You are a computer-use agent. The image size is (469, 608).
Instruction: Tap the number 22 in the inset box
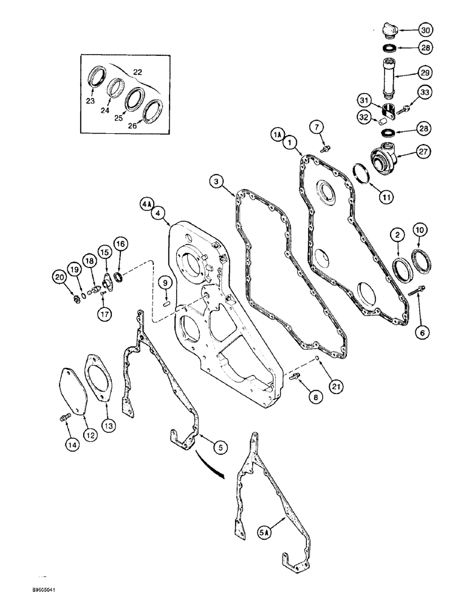(x=137, y=72)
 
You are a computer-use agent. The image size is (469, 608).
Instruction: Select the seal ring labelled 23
(x=97, y=80)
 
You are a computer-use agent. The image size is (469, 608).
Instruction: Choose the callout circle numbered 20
(x=60, y=277)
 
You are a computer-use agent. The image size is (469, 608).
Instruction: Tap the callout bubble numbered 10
(x=420, y=230)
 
